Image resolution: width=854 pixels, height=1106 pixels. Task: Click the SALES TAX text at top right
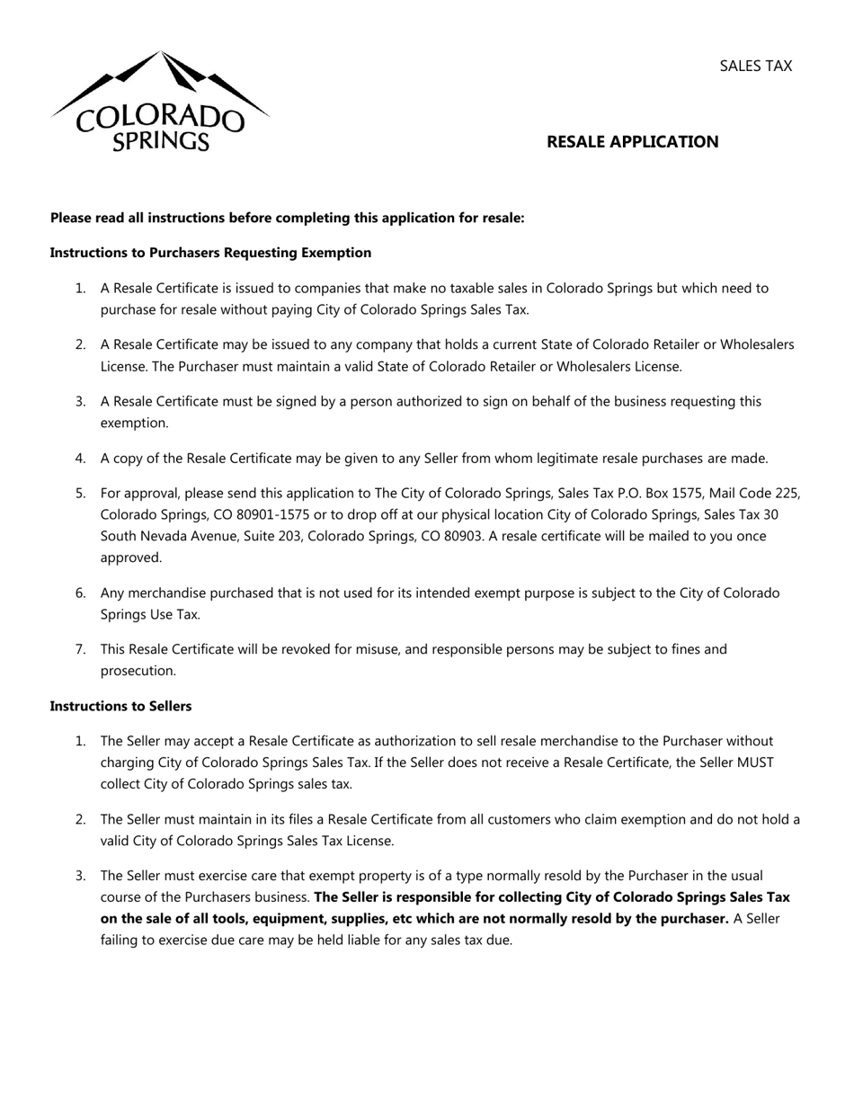[x=755, y=66]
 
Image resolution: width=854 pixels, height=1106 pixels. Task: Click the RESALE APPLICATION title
[x=632, y=141]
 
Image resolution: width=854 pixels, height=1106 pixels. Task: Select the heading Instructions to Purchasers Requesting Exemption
[x=210, y=253]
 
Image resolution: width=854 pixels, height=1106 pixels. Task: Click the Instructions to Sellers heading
[x=120, y=706]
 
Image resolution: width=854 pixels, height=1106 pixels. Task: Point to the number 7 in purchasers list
[x=80, y=649]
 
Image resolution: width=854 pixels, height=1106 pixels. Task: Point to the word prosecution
[x=138, y=671]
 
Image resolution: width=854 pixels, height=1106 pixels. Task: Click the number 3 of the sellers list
[x=80, y=876]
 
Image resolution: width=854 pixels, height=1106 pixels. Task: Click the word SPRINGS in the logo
[x=161, y=140]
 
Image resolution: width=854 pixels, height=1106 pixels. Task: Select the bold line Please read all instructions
[x=287, y=218]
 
